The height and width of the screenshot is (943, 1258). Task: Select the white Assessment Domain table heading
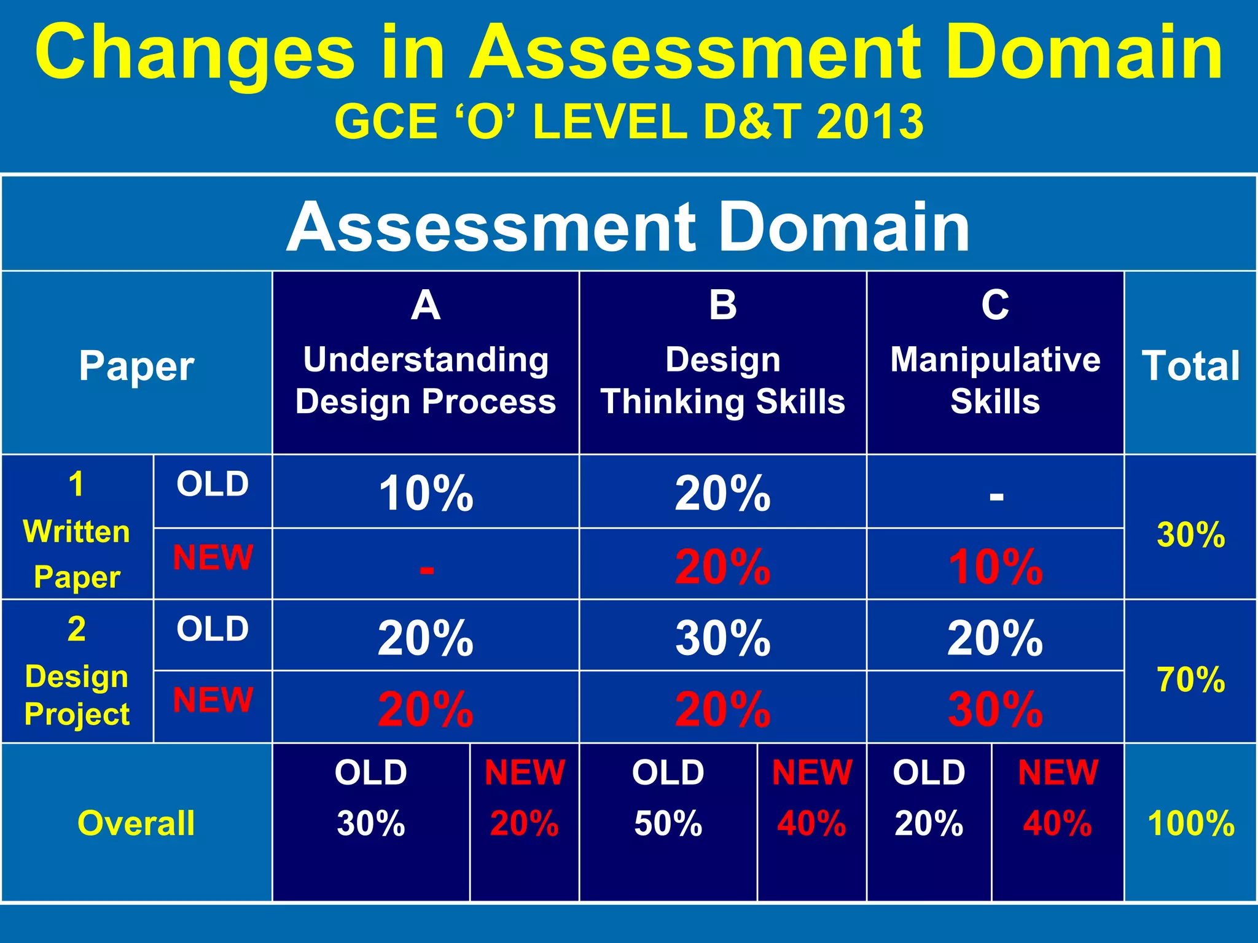(x=628, y=227)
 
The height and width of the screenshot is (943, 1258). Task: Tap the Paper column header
(x=136, y=367)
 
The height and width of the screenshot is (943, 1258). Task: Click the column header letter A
(x=426, y=305)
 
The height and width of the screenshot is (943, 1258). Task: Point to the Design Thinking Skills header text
(x=722, y=381)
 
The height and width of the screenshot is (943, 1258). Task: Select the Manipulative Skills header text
(x=995, y=381)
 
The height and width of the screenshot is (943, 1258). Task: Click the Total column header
(x=1190, y=367)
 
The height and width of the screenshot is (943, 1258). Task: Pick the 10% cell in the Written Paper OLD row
(x=426, y=494)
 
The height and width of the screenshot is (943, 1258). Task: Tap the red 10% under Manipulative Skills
(x=995, y=567)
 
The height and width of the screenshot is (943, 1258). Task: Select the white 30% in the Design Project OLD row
(x=722, y=638)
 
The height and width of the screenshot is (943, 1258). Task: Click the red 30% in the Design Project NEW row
(x=995, y=710)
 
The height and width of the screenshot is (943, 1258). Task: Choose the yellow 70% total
(x=1190, y=680)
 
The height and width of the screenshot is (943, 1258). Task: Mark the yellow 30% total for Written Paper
(x=1190, y=535)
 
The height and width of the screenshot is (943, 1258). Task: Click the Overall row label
(x=136, y=823)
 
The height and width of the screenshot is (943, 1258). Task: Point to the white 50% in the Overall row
(x=668, y=823)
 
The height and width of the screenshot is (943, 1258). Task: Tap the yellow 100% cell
(x=1190, y=823)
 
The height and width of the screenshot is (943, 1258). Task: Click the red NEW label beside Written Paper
(x=213, y=557)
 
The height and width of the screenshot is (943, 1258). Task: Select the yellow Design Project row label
(x=77, y=695)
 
